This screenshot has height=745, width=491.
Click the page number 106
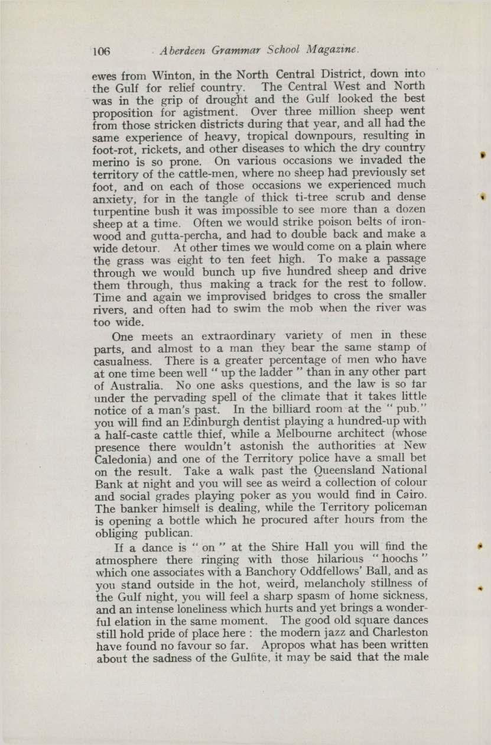(101, 51)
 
